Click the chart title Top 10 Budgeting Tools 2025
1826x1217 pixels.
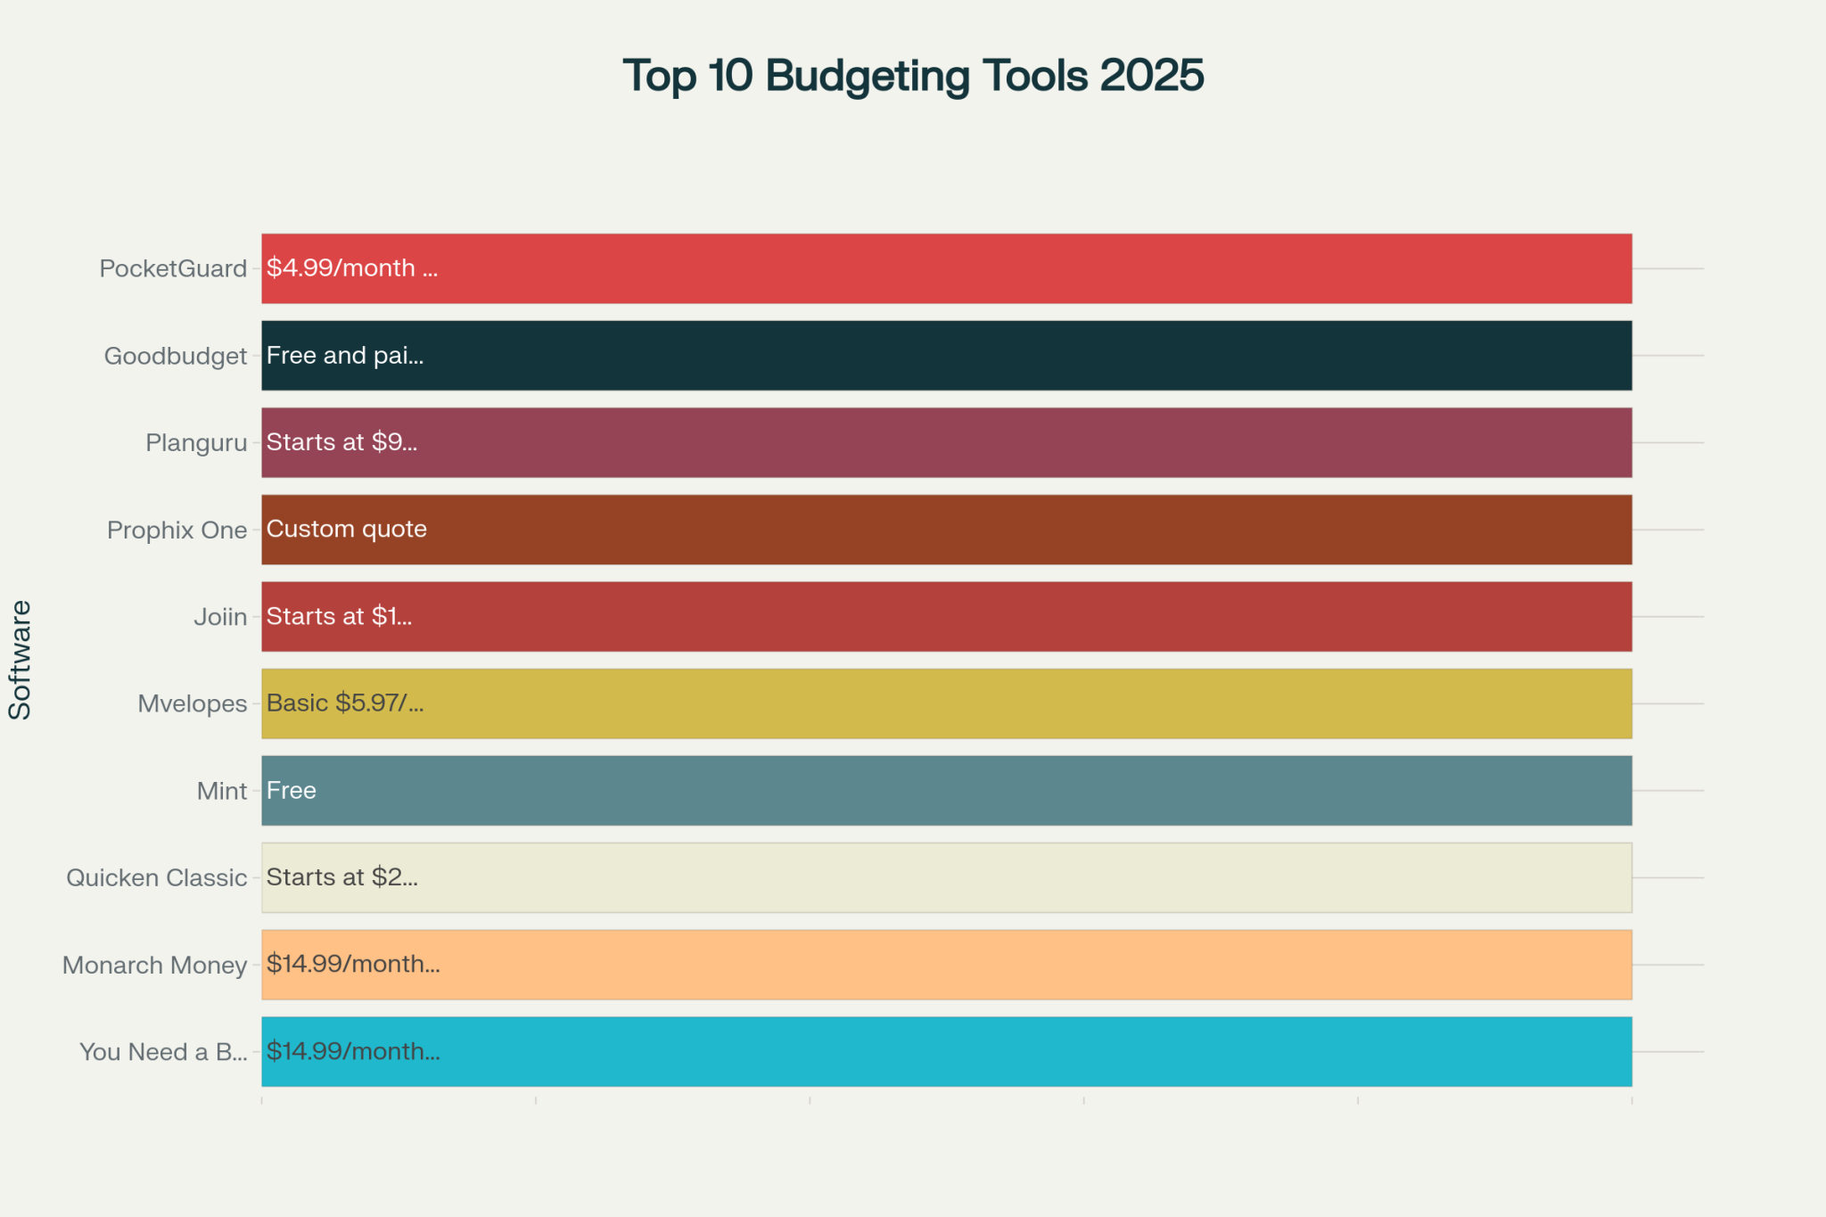tap(913, 76)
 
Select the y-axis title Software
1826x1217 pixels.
tap(20, 660)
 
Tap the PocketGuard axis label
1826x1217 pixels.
tap(173, 268)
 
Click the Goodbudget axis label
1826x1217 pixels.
tap(176, 356)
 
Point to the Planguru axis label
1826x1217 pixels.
tap(196, 442)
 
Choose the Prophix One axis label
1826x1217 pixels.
tap(177, 530)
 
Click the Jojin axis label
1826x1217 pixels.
tap(220, 616)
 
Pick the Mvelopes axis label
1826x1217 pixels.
tap(192, 703)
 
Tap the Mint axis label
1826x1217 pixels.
tap(222, 791)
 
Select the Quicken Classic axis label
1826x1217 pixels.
tap(156, 877)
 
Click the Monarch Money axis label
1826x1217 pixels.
tap(154, 965)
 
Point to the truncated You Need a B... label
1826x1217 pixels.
tap(163, 1052)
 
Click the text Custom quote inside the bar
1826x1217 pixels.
tap(346, 529)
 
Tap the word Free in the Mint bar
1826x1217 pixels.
tap(291, 790)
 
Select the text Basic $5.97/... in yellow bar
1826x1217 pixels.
tap(345, 703)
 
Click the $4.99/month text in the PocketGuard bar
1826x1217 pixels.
tap(351, 267)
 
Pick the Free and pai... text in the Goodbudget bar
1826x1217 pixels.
tap(344, 355)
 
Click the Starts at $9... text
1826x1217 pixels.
tap(341, 441)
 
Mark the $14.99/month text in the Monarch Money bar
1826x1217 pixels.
tap(353, 964)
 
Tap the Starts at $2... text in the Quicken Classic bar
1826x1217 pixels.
tap(341, 876)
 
